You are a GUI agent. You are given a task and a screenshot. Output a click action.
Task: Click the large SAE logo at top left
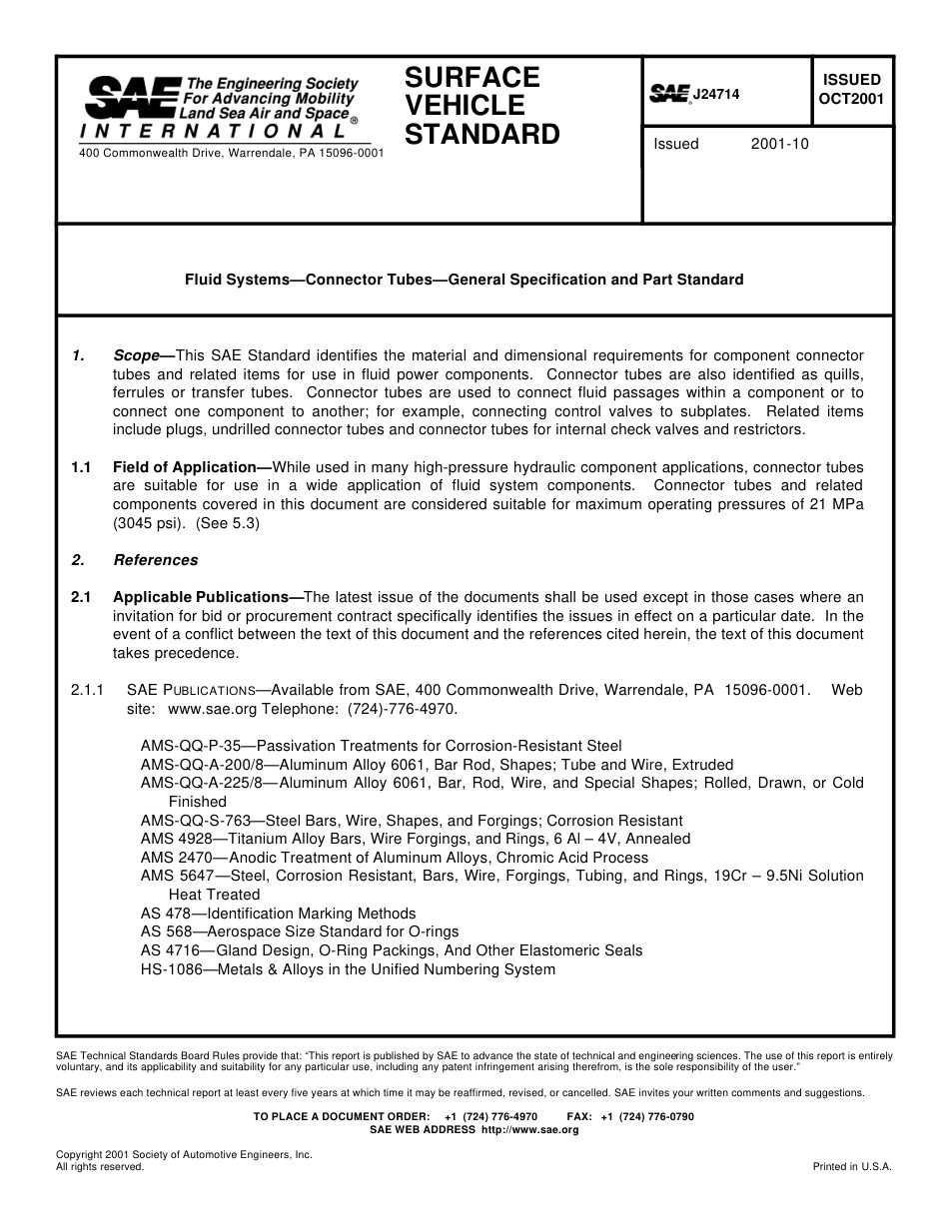tap(131, 99)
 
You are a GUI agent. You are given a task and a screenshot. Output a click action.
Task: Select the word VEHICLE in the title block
tap(451, 106)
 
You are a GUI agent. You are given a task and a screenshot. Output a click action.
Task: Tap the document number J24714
tap(716, 94)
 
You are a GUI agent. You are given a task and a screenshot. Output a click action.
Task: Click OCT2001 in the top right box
tap(851, 99)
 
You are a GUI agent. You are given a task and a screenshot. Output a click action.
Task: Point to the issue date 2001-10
tap(779, 144)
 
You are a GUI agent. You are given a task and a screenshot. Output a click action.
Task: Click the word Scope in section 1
tap(137, 355)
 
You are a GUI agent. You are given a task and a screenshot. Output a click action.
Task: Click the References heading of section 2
tap(156, 560)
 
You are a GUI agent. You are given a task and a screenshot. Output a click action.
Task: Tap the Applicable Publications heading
tap(207, 597)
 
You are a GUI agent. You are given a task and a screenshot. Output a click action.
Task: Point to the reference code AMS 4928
tap(171, 839)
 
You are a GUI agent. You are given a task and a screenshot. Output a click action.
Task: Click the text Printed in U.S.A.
tap(852, 1166)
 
